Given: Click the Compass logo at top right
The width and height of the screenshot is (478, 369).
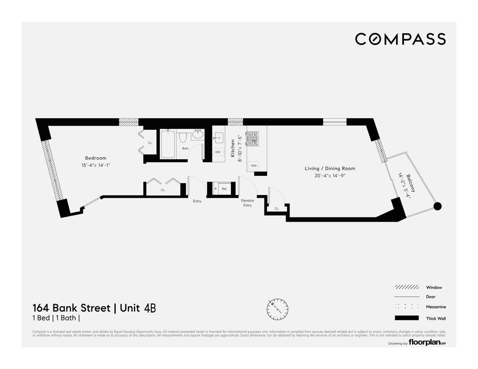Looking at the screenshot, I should tap(400, 39).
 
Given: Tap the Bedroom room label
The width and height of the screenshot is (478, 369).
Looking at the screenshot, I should tap(96, 158).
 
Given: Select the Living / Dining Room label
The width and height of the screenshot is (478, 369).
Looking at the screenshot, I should tap(330, 168).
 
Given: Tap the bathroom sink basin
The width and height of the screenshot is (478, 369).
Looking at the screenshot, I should tap(198, 135).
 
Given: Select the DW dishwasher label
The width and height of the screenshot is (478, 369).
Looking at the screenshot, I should tap(218, 152).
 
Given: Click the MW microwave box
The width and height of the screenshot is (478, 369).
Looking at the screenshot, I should tap(253, 165).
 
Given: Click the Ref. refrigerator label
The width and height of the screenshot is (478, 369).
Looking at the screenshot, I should tap(224, 189).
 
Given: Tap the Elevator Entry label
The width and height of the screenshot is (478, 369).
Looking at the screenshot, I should tap(247, 203).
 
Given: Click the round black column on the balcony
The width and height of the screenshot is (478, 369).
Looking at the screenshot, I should tap(437, 206).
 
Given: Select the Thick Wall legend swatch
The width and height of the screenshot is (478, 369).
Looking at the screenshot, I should tap(407, 318).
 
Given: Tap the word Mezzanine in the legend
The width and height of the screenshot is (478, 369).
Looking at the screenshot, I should tap(436, 307).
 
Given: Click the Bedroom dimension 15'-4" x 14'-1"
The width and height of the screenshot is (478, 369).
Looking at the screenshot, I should tap(96, 165).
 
